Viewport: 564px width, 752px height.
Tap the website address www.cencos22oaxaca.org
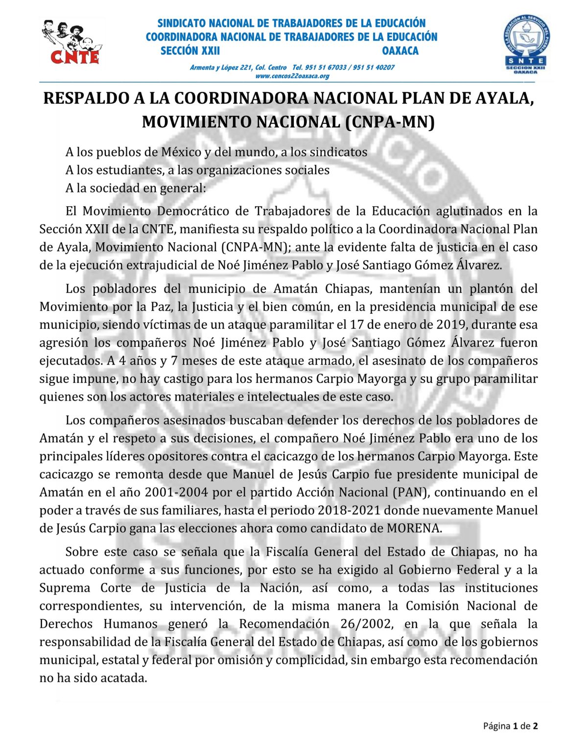tap(292, 76)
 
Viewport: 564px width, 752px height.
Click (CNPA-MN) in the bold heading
tap(390, 122)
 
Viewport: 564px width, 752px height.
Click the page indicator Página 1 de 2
tap(510, 726)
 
